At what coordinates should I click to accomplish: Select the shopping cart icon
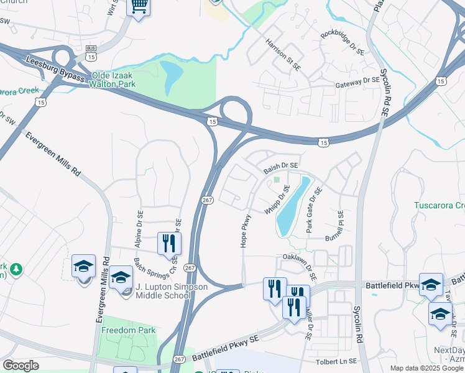coord(139,7)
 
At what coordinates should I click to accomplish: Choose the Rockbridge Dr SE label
coord(342,43)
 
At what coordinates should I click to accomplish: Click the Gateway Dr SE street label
coord(357,81)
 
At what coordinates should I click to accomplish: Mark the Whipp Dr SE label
coord(277,200)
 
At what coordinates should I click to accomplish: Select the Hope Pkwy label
coord(246,231)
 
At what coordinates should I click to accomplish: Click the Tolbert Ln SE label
coord(336,361)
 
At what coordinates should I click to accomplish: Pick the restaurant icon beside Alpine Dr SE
coord(167,243)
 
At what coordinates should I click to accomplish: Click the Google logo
coord(21,366)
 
